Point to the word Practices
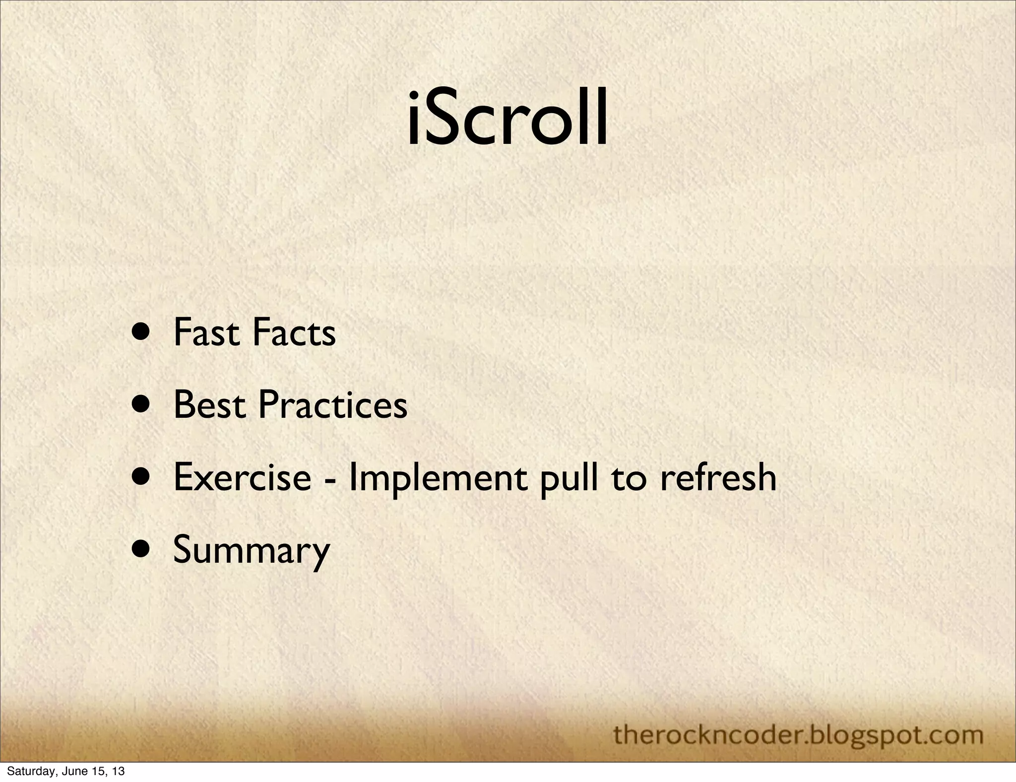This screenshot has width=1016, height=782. [x=333, y=405]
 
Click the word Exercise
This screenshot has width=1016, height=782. [x=242, y=477]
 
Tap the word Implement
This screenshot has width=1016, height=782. [x=437, y=477]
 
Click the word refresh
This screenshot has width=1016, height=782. [x=718, y=477]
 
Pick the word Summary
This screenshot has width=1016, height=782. [x=251, y=550]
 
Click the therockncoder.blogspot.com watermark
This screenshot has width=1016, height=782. [x=798, y=735]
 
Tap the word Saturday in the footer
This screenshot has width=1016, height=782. [x=27, y=772]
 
